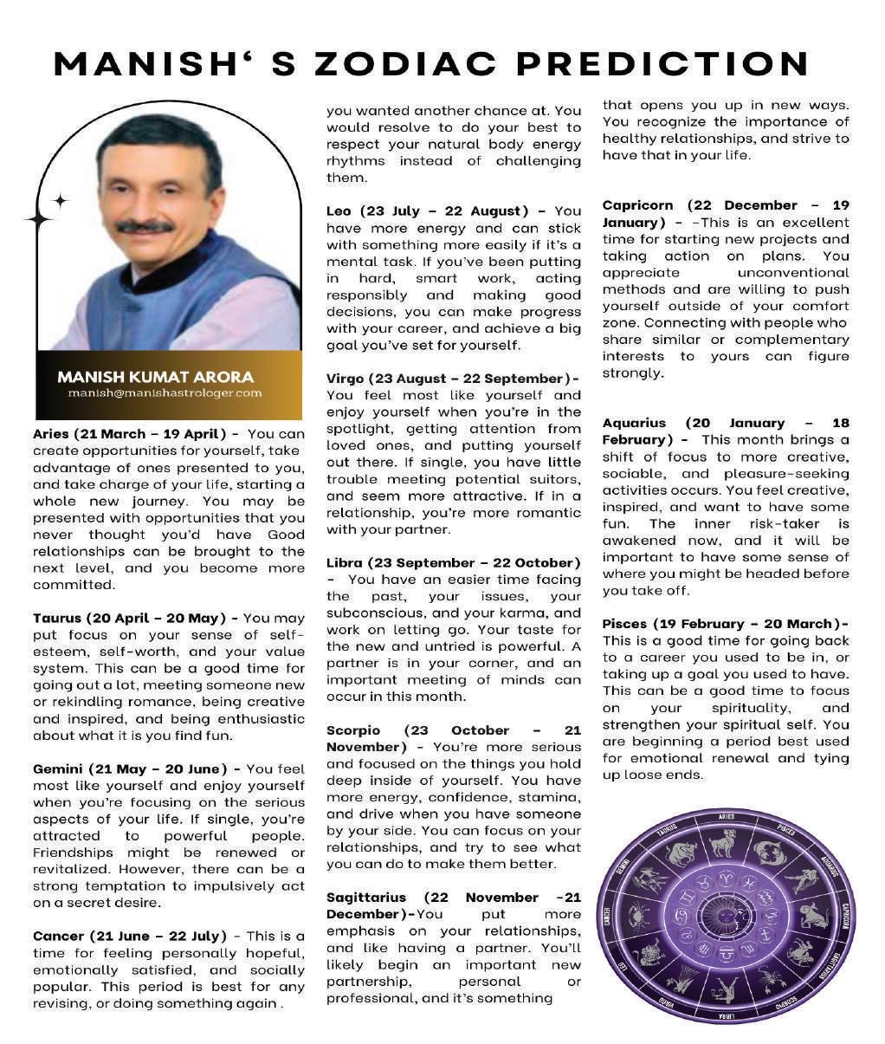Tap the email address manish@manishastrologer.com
pos(165,392)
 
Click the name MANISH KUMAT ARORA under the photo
pos(156,377)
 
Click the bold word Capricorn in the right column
pos(637,205)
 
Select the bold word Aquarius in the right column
pos(634,423)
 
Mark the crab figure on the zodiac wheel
pos(642,915)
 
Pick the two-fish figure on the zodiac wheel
pos(768,853)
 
